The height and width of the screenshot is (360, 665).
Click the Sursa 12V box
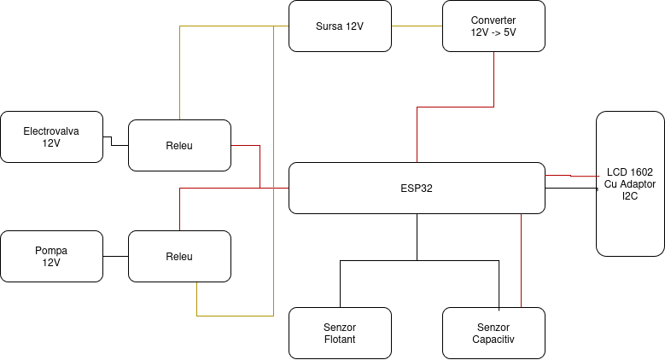point(340,26)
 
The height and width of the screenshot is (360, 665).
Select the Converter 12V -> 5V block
point(493,26)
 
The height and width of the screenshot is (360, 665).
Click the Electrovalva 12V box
point(51,136)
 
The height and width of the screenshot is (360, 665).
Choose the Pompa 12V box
point(51,256)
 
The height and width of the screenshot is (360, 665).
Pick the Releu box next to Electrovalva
point(179,145)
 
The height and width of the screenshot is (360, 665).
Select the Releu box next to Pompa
point(179,256)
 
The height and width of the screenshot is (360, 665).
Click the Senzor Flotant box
point(340,333)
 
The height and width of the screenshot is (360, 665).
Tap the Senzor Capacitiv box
point(493,333)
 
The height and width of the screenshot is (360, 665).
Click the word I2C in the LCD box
point(630,195)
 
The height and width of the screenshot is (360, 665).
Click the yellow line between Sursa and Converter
point(417,26)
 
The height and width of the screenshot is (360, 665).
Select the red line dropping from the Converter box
point(494,81)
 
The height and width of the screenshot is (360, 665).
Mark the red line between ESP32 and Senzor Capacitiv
point(521,260)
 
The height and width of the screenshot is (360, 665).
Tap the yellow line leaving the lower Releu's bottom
point(197,299)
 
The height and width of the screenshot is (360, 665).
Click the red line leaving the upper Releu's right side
point(246,146)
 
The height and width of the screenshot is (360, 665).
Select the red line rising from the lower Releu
point(180,209)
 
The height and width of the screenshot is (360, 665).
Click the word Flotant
point(340,340)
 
